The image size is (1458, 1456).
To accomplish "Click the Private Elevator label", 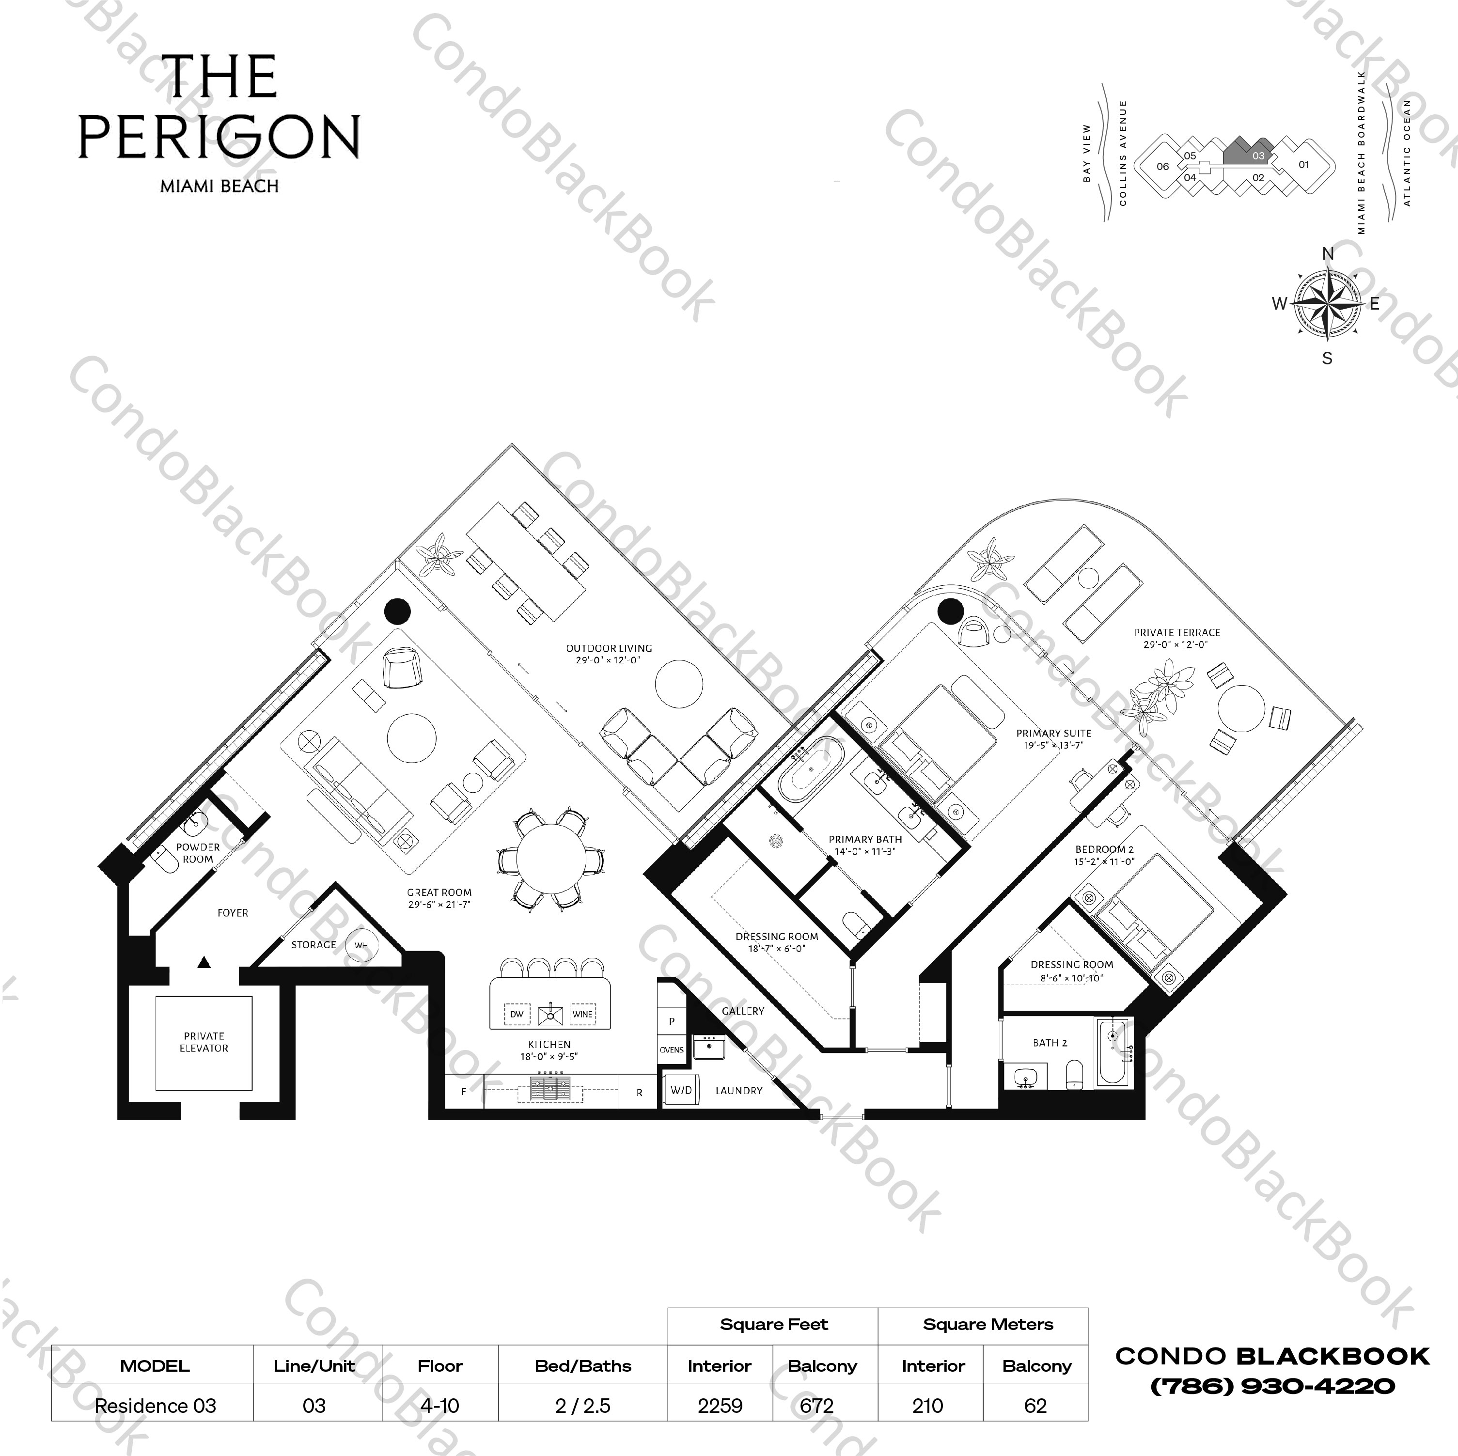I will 204,1042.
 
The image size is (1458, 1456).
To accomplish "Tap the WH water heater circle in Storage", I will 361,945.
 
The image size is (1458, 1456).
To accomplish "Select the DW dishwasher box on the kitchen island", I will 516,1014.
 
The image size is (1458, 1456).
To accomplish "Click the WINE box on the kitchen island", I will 582,1014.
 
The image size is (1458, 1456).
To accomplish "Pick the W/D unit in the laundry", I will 681,1090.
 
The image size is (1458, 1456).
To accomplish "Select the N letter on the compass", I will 1328,253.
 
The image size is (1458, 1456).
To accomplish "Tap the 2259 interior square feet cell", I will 720,1406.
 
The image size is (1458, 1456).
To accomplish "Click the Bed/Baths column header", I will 582,1365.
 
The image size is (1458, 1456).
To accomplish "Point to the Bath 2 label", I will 1050,1042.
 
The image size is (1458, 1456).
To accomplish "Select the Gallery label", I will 743,1011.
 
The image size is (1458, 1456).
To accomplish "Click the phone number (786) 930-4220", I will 1272,1386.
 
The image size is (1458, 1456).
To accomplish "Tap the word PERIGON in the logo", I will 219,138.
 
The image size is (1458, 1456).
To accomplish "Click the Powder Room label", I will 198,853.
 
